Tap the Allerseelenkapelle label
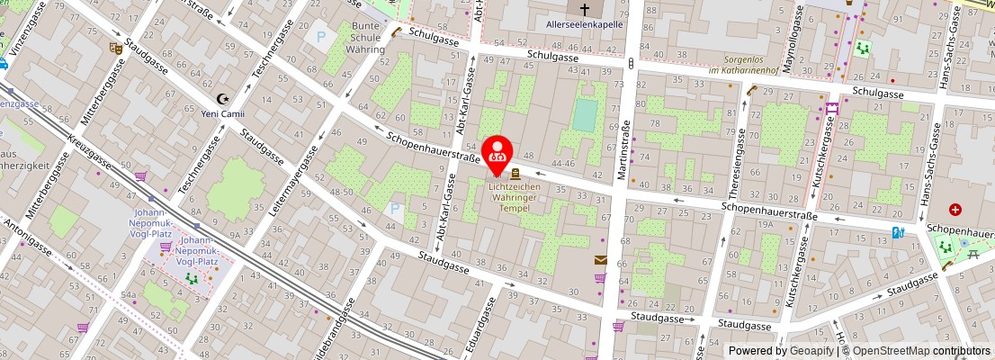[x=585, y=25]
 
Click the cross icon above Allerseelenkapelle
[x=585, y=10]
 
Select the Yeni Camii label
[x=222, y=113]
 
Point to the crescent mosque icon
[x=223, y=99]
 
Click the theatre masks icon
[x=115, y=47]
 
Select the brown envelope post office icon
[x=600, y=260]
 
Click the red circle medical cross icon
[x=955, y=210]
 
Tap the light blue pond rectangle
[x=584, y=115]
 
